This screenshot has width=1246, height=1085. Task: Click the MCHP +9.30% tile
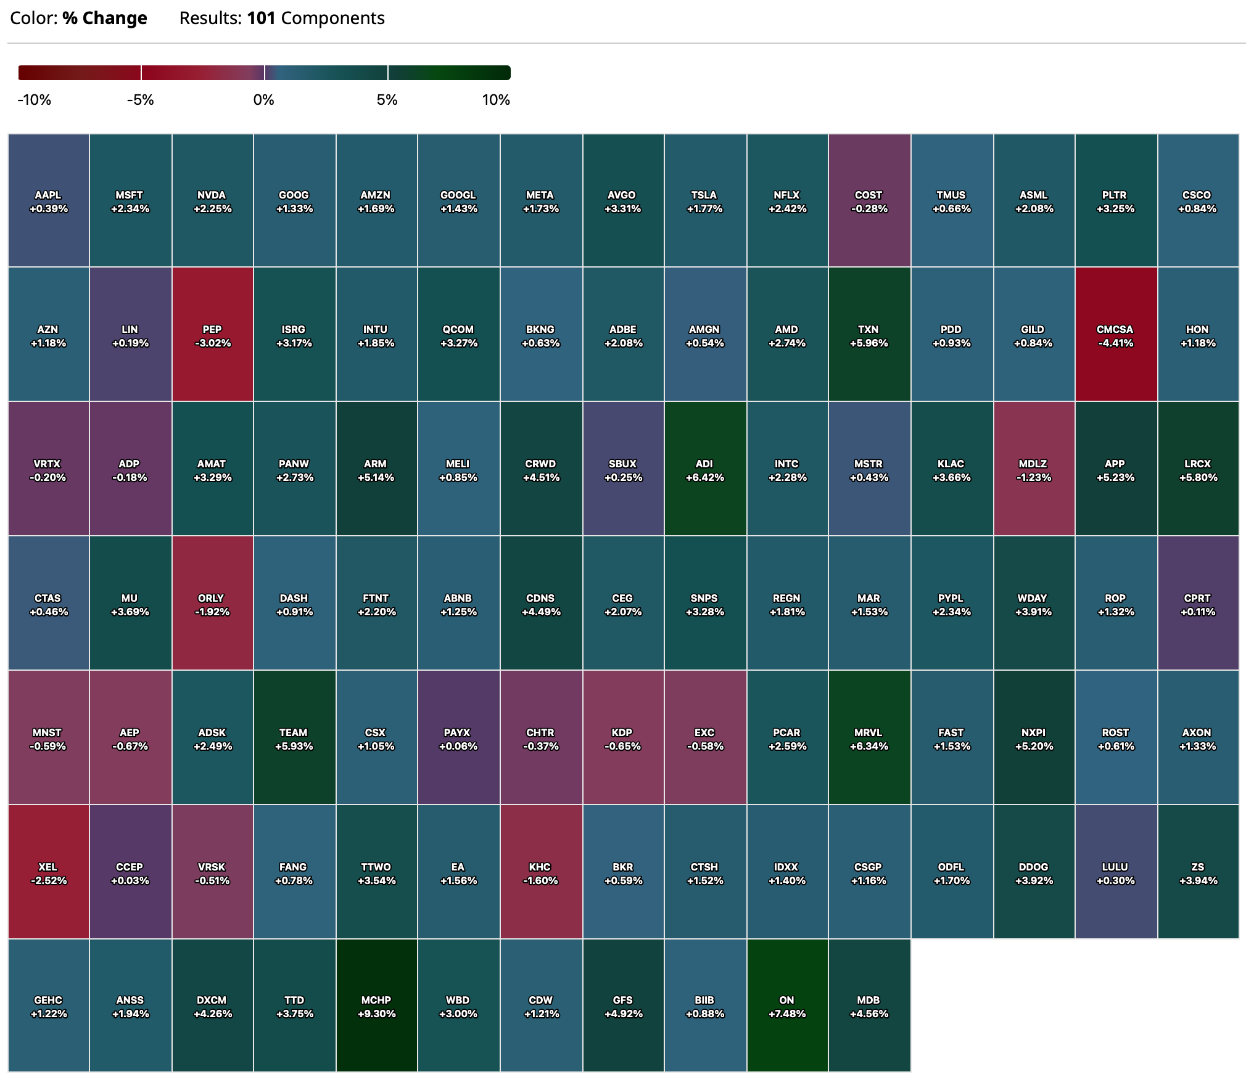click(376, 1006)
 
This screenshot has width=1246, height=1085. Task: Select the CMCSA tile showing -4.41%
click(1115, 335)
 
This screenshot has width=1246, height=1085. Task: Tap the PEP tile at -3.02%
click(212, 335)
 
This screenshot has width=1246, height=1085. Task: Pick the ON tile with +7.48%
click(786, 1006)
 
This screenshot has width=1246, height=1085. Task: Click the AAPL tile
click(48, 201)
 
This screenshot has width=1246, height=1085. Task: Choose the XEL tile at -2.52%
click(48, 873)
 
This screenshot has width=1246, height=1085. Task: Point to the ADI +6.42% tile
click(704, 470)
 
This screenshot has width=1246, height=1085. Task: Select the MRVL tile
click(868, 739)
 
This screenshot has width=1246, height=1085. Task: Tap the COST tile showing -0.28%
click(868, 201)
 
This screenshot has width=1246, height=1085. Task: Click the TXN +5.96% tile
click(868, 335)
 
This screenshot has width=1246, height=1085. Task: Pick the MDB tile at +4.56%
click(868, 1006)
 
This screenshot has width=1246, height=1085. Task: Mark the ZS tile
click(1198, 873)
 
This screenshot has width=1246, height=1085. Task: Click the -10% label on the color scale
click(35, 100)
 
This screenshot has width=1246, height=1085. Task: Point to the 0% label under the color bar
click(264, 100)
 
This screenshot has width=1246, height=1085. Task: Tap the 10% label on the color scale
click(496, 100)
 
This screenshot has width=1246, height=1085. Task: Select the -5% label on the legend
click(141, 100)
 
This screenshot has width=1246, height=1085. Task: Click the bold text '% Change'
click(105, 18)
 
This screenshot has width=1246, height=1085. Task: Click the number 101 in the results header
click(261, 18)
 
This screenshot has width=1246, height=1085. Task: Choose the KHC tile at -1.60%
click(540, 873)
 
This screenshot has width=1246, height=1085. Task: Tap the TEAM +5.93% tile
click(294, 739)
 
